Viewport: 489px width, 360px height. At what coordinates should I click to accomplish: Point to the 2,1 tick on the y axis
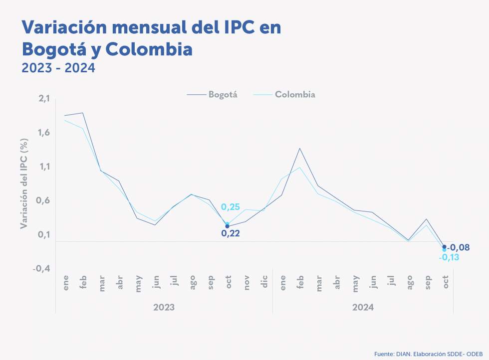click(44, 99)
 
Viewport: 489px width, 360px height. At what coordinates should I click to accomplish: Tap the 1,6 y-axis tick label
click(44, 133)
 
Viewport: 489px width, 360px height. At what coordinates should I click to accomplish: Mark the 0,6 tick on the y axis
click(44, 200)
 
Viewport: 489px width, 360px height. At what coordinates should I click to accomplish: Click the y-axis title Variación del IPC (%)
click(24, 184)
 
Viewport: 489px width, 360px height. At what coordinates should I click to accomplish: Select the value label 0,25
click(231, 207)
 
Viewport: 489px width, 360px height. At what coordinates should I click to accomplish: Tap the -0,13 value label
click(449, 257)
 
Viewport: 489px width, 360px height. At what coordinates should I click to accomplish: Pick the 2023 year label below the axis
click(164, 307)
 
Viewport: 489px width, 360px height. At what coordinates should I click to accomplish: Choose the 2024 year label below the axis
click(363, 307)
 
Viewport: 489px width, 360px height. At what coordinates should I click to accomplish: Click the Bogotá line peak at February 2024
click(300, 148)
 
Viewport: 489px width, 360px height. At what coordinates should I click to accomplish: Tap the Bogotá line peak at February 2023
click(83, 113)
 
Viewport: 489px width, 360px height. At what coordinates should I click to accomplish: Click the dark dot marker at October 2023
click(228, 226)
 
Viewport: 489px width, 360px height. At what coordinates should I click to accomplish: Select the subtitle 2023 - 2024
click(58, 68)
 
